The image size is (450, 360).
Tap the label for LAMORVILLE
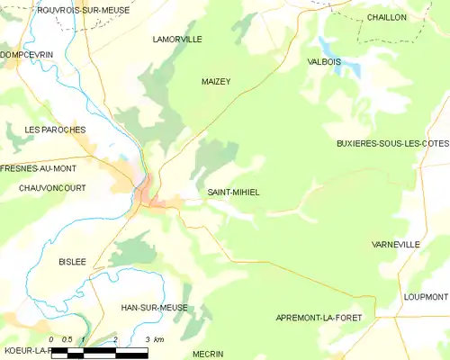[177, 40]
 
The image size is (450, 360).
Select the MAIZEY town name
[216, 81]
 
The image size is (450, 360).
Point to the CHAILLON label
[386, 17]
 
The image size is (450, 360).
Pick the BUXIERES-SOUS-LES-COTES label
[391, 144]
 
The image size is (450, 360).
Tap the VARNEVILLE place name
[395, 244]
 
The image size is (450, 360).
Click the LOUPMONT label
[426, 296]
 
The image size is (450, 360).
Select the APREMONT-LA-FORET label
[323, 319]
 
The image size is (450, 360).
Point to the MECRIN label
[208, 354]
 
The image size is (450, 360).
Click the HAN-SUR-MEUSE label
[154, 307]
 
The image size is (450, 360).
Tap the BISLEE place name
[72, 261]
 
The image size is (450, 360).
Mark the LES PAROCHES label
[55, 130]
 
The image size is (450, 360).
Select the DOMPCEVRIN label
[27, 54]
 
